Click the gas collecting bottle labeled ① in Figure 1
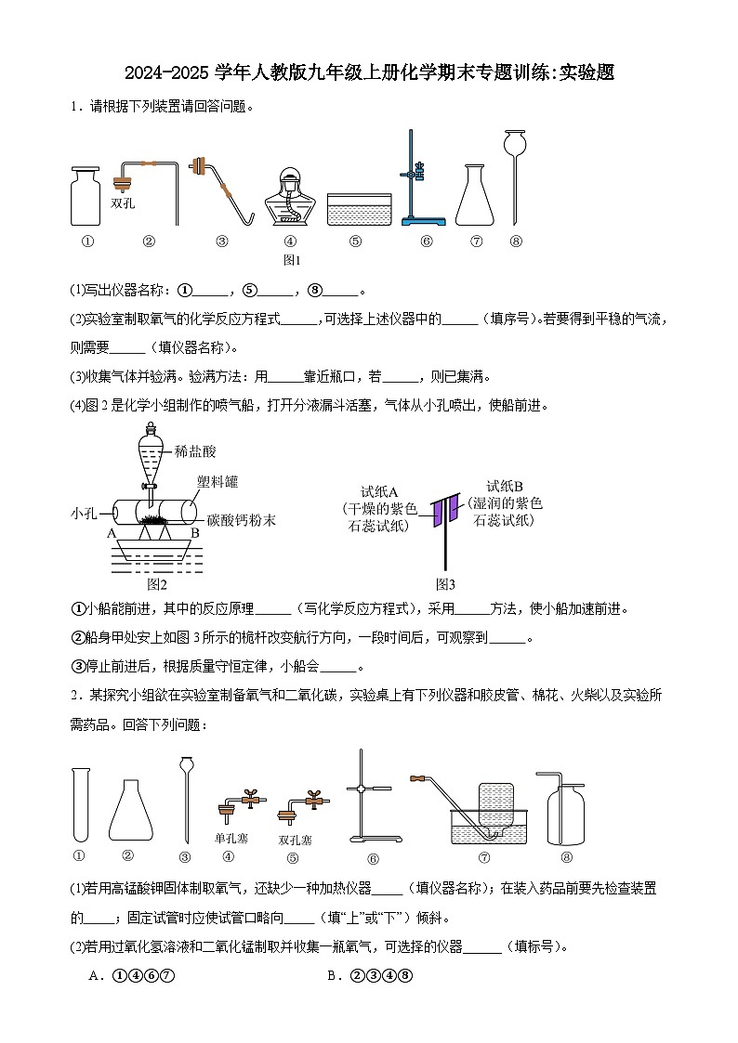tap(86, 196)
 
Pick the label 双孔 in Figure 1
tap(123, 203)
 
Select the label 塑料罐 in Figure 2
tap(217, 481)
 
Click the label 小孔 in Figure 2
tap(85, 513)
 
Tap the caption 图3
tap(446, 584)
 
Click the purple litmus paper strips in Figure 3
tap(444, 512)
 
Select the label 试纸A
tap(379, 492)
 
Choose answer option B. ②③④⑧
tap(369, 976)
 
